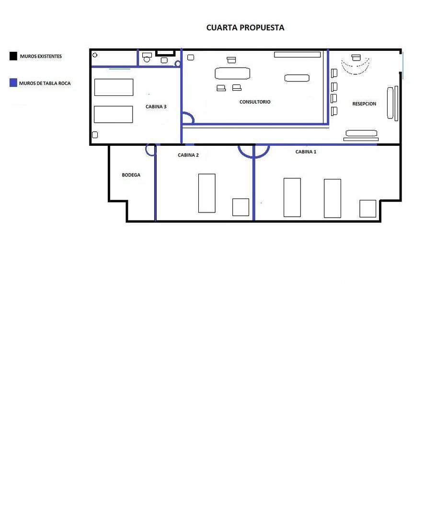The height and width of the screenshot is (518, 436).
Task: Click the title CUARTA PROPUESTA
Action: point(245,27)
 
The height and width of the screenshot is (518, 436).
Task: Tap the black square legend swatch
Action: point(13,56)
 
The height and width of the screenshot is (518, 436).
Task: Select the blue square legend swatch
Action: point(13,82)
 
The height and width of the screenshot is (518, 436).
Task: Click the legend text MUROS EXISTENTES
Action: point(41,56)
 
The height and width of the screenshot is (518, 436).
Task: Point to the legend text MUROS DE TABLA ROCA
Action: point(45,83)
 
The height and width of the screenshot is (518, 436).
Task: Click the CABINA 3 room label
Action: point(156,106)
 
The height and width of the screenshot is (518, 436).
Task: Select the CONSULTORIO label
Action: point(255,102)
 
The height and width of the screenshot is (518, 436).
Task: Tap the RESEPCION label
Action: point(364,104)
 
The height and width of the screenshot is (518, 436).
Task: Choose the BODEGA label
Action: point(131,175)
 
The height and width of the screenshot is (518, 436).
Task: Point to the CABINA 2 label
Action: point(188,155)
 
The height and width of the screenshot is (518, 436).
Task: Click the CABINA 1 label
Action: point(306,152)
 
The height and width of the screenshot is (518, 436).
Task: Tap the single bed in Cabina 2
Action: point(207,193)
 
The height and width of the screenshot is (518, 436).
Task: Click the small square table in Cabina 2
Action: point(241,207)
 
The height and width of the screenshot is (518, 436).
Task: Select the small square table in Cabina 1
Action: point(367,209)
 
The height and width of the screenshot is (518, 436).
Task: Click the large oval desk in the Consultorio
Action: point(232,73)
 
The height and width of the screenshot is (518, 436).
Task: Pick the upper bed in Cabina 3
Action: point(114,87)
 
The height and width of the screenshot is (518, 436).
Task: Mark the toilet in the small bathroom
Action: point(147,58)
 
